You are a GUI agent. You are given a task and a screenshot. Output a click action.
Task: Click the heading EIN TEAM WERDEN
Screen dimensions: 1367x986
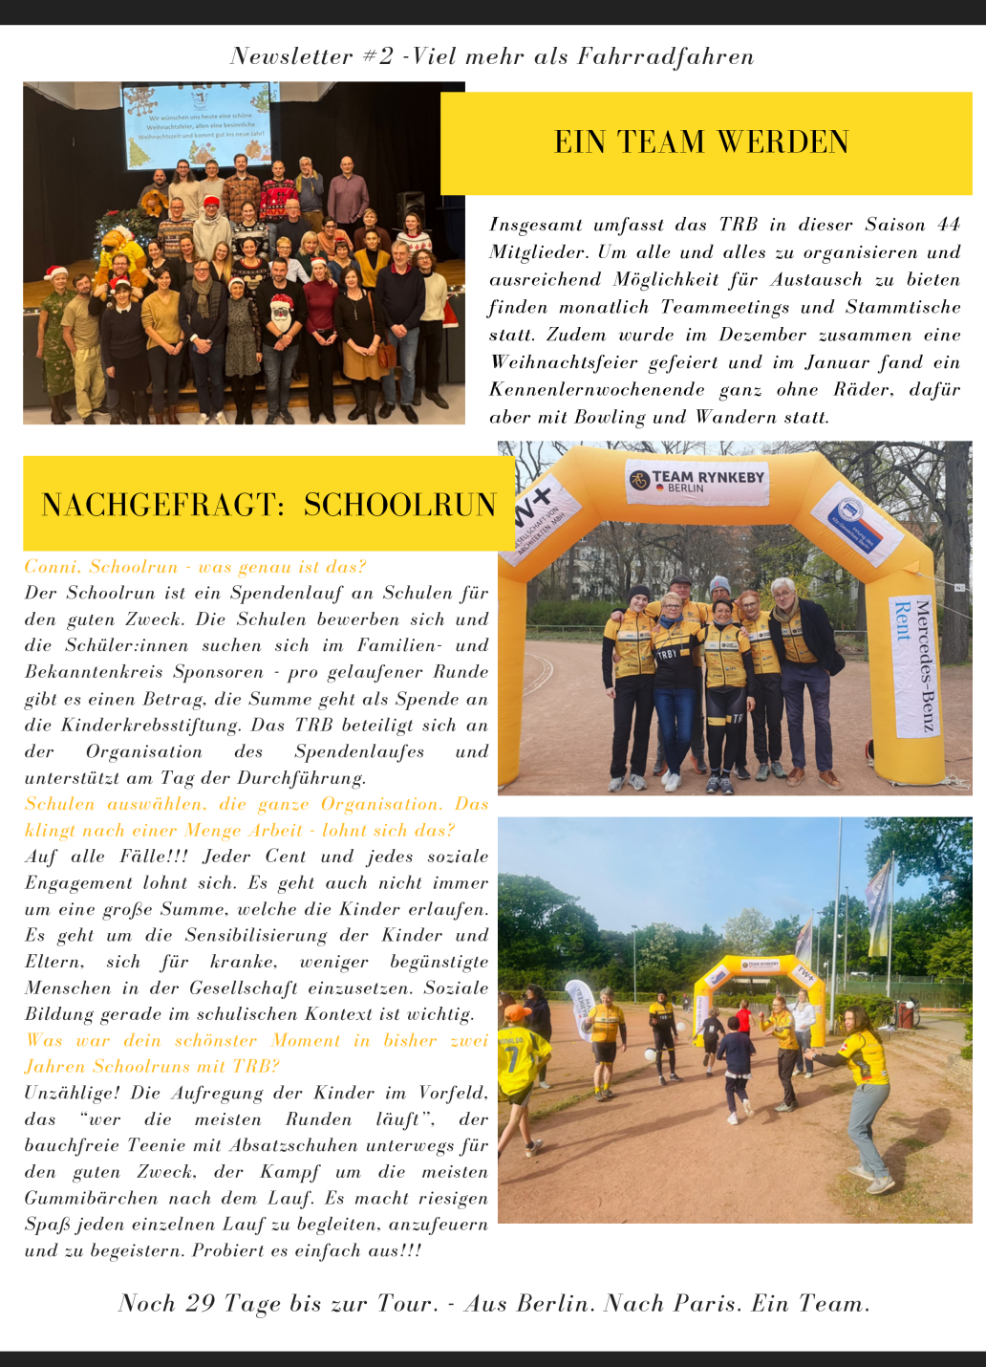click(701, 142)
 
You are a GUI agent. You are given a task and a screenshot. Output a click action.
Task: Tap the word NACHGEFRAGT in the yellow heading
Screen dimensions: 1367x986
click(162, 505)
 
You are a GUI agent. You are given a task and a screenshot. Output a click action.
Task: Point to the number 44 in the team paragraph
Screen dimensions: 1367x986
click(948, 226)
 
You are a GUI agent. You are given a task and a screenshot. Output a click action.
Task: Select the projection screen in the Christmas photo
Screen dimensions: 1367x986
click(196, 124)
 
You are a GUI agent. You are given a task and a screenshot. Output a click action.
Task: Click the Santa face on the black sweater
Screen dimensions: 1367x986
click(280, 311)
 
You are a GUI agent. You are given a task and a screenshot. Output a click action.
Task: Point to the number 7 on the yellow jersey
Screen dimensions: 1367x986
click(512, 1058)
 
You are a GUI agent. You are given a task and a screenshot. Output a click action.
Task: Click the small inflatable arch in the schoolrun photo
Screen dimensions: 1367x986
click(759, 985)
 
